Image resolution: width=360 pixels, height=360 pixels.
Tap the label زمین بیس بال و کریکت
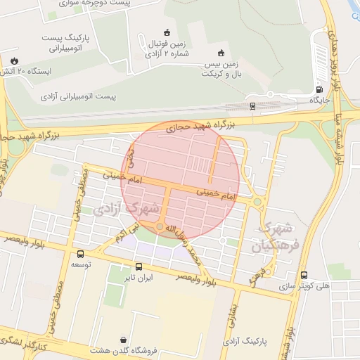pos(222,69)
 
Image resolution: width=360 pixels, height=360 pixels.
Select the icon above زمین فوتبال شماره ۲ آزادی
pos(167,32)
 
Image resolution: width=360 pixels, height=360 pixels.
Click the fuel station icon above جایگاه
pos(320,89)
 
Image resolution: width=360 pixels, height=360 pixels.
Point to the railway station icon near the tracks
pos(252,105)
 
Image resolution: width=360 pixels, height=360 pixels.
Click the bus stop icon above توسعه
pos(80,254)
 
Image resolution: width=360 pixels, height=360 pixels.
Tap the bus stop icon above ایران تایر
pos(139,266)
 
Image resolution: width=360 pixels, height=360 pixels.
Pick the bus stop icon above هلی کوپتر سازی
pos(304,275)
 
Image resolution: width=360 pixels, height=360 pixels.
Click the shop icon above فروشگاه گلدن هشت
pos(124,340)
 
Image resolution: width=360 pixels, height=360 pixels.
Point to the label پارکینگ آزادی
pos(245,341)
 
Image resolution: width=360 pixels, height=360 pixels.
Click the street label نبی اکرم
pos(125,232)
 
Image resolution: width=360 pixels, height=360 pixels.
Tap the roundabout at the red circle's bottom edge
pos(161,226)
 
